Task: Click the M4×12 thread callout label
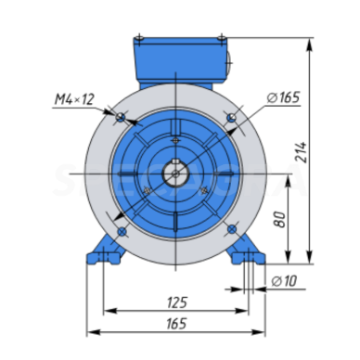coord(74,99)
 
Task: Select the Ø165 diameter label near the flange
coord(283,97)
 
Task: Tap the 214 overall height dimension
coord(301,152)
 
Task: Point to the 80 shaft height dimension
coord(280,219)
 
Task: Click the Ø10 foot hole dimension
coord(284,281)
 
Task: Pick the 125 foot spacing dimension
coord(177,302)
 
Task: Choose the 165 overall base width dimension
coord(176,324)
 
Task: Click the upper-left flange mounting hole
coord(120,117)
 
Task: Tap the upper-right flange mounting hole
coord(231,118)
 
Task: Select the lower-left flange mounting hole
coord(122,231)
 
